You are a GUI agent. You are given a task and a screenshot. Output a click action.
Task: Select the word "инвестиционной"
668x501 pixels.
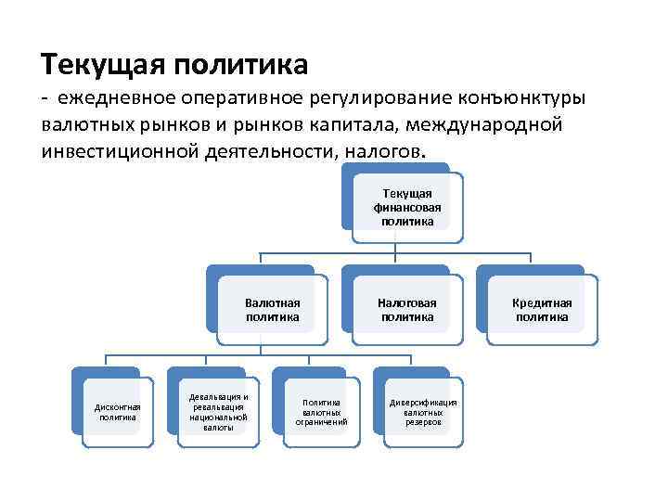116,149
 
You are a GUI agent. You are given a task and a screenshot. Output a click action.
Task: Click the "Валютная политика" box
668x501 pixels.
273,310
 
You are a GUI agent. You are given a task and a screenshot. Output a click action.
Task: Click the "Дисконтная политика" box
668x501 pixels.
118,411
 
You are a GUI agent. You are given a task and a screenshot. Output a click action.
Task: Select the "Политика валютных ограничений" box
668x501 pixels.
321,411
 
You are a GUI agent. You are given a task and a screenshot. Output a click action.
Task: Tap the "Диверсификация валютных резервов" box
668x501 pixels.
423,411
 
